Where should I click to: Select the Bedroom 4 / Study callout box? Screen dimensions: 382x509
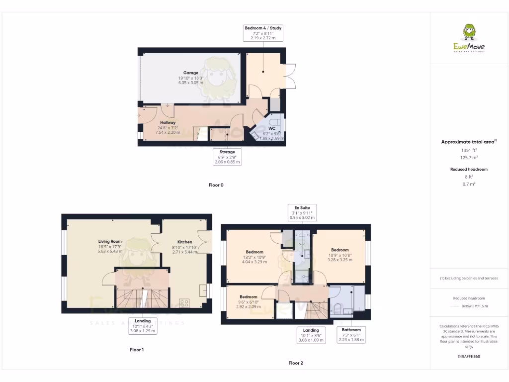pyautogui.click(x=263, y=33)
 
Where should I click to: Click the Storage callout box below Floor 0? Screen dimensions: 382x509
pyautogui.click(x=227, y=157)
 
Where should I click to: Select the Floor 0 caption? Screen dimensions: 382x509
pyautogui.click(x=216, y=185)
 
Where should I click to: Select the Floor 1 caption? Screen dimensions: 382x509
pyautogui.click(x=137, y=350)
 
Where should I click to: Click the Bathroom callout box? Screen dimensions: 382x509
pyautogui.click(x=351, y=335)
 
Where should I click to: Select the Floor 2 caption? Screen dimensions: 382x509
pyautogui.click(x=296, y=363)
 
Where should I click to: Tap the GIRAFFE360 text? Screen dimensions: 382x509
pyautogui.click(x=469, y=357)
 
